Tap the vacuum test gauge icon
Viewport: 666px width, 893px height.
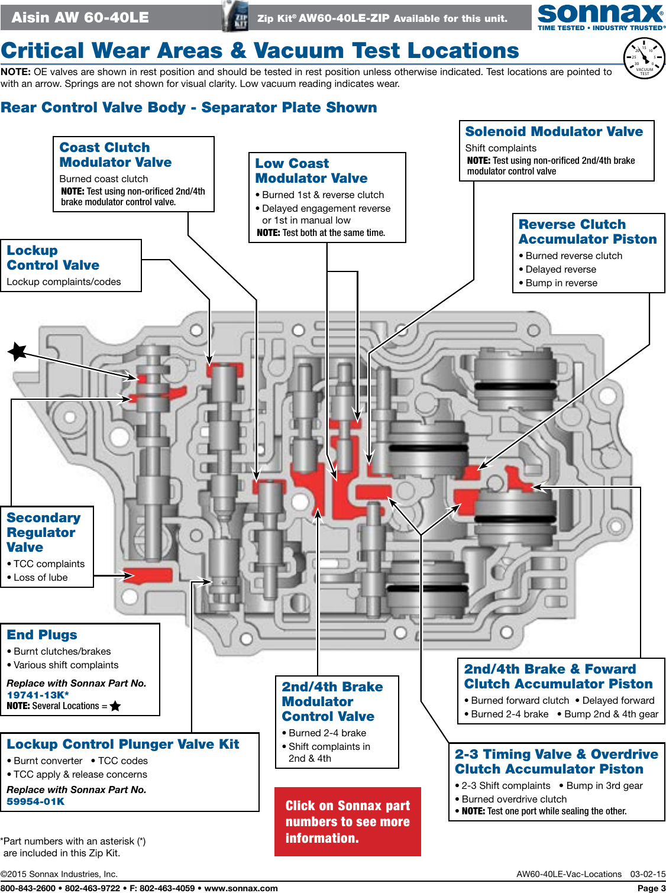[644, 58]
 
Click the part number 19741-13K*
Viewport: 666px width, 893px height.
[38, 695]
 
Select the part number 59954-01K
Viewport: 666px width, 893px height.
[35, 801]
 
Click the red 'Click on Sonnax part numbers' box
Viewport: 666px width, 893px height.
[347, 821]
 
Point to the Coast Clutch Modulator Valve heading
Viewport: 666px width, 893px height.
[115, 155]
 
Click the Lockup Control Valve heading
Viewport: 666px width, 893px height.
[53, 258]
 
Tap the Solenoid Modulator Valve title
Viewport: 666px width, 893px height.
[554, 131]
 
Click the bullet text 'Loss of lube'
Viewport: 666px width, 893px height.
[40, 577]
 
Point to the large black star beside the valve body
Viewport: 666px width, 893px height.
[17, 351]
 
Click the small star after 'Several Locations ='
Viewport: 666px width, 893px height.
[115, 706]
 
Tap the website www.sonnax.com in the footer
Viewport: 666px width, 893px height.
[241, 888]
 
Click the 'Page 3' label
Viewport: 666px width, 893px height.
[651, 888]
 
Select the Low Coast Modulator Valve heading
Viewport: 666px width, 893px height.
[311, 171]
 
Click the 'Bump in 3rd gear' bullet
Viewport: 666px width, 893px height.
[604, 785]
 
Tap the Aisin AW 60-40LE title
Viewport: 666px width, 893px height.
[80, 17]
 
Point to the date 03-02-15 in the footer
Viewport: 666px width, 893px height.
[648, 873]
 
